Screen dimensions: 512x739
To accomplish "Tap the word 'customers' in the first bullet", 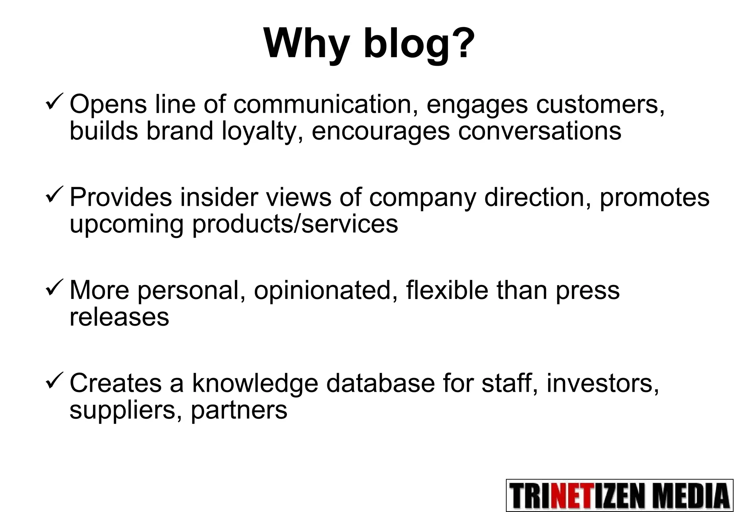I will pyautogui.click(x=599, y=104).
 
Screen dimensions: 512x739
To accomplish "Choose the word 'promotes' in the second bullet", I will pyautogui.click(x=654, y=198).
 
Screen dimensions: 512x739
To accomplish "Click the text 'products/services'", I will pyautogui.click(x=295, y=224).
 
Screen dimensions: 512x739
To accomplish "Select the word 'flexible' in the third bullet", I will pyautogui.click(x=447, y=290).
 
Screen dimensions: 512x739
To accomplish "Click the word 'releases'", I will pyautogui.click(x=119, y=317).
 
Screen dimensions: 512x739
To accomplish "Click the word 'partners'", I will pyautogui.click(x=239, y=410).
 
